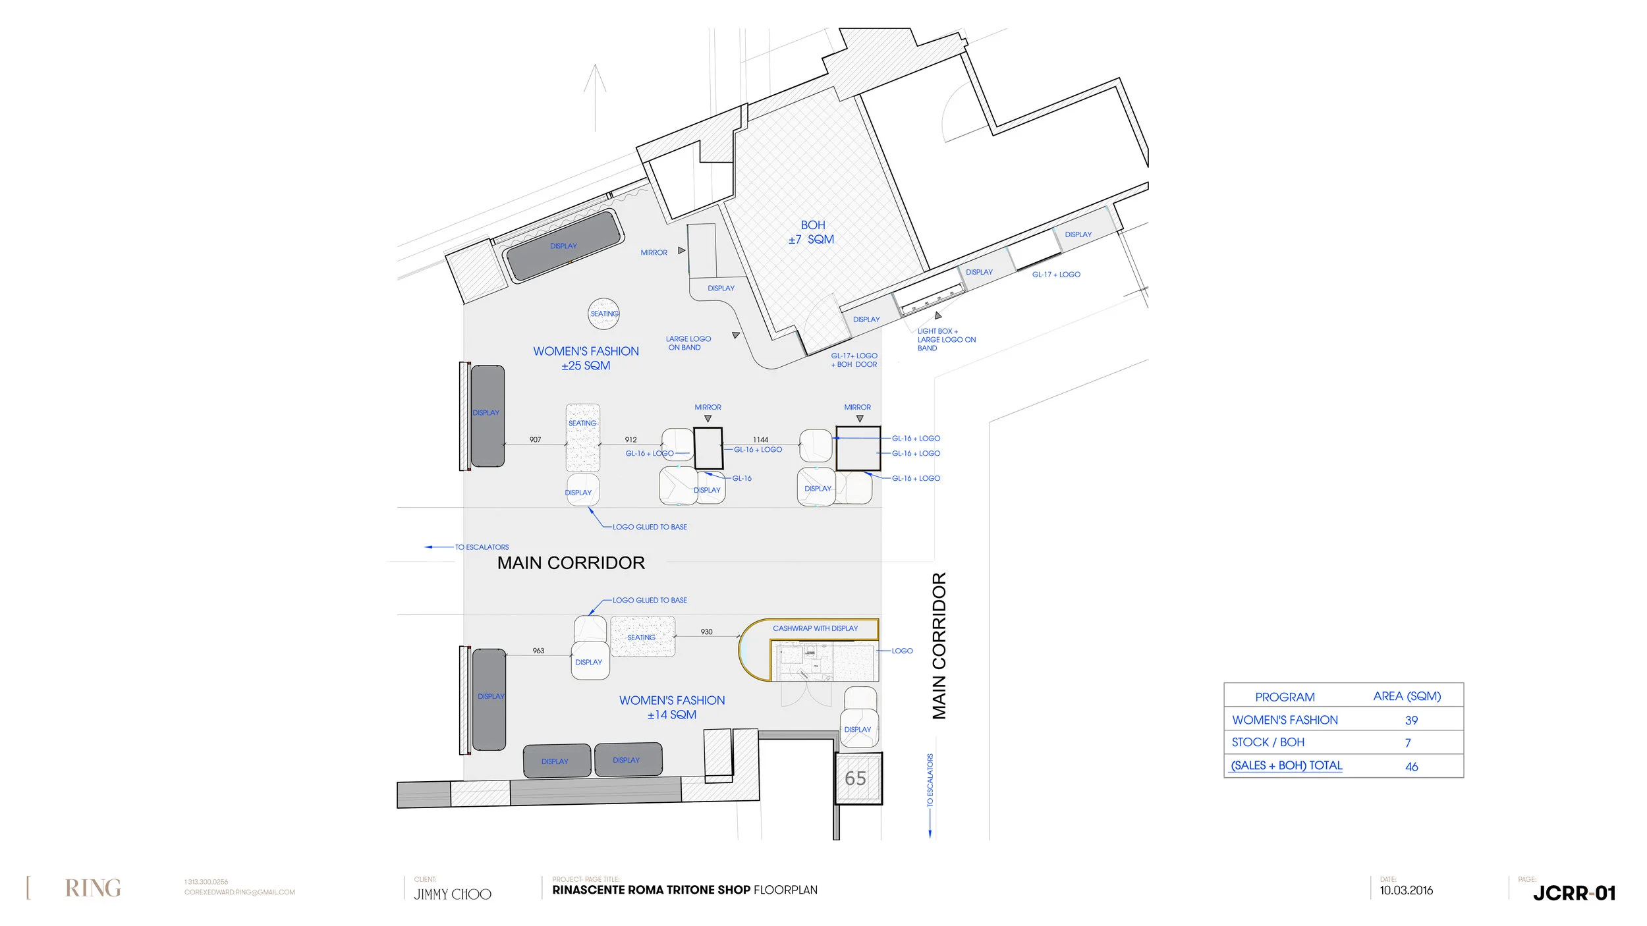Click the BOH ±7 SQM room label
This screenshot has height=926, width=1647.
click(x=812, y=232)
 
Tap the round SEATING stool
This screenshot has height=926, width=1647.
click(x=603, y=313)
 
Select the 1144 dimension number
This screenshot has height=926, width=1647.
click(x=760, y=439)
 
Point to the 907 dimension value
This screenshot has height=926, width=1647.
click(x=535, y=439)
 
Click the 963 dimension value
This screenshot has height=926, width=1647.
click(x=538, y=651)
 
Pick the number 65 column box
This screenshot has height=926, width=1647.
click(x=858, y=778)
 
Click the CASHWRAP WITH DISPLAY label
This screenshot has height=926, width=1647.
click(x=815, y=628)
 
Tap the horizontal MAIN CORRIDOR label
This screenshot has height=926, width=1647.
click(x=571, y=562)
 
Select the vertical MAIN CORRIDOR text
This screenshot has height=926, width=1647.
click(x=939, y=645)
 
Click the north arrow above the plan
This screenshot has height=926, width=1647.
click(x=595, y=97)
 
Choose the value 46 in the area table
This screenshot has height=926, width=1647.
click(x=1411, y=767)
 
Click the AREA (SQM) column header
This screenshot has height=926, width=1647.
click(x=1407, y=696)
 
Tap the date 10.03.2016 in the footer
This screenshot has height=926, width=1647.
click(x=1406, y=890)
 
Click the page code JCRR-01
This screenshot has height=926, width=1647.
click(x=1574, y=893)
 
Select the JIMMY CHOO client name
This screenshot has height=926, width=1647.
click(x=452, y=894)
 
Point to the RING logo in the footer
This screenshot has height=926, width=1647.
click(x=93, y=888)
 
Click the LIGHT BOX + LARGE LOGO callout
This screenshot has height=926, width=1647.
click(x=946, y=340)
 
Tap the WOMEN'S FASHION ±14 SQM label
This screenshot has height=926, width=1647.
click(x=671, y=707)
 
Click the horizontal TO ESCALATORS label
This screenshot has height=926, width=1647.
click(x=482, y=547)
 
